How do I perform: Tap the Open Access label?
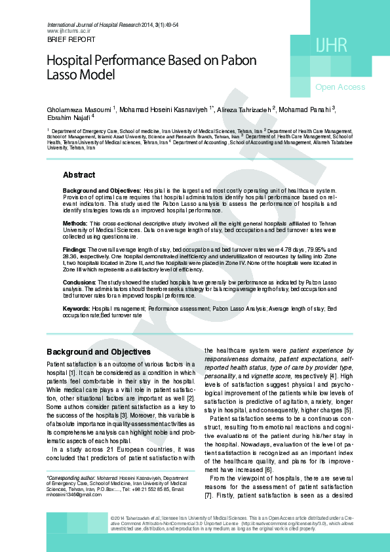click(340, 87)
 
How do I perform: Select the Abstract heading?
click(79, 176)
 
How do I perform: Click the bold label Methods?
click(75, 224)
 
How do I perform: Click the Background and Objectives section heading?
click(98, 352)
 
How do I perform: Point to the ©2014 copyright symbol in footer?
click(113, 518)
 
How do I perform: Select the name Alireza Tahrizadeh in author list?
click(243, 108)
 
